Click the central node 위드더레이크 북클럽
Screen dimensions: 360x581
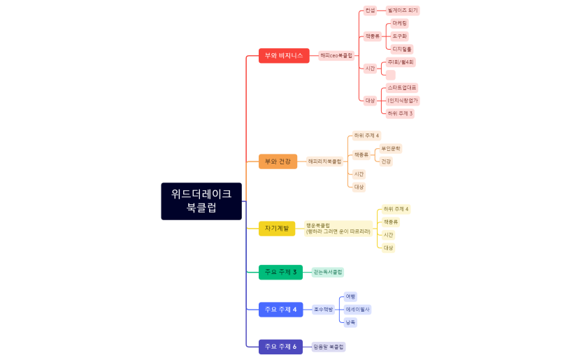click(x=201, y=201)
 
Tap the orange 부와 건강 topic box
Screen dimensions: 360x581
click(x=278, y=161)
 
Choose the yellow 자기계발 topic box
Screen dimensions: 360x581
click(x=277, y=229)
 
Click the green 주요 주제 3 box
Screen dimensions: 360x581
click(x=280, y=272)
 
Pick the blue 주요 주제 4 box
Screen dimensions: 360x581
click(x=280, y=309)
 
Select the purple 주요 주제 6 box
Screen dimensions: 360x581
click(x=280, y=347)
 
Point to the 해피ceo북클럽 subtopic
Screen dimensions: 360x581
click(x=336, y=55)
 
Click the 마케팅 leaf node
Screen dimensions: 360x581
click(x=400, y=23)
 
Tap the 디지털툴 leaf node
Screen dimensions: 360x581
click(x=402, y=49)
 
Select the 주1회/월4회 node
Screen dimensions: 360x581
click(x=401, y=62)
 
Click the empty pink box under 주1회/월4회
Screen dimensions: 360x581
click(x=391, y=75)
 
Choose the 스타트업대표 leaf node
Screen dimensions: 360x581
click(x=402, y=87)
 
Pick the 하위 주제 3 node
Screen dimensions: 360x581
click(x=400, y=113)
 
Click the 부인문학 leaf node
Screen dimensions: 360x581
click(x=390, y=148)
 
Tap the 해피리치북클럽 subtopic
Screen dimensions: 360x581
click(x=325, y=161)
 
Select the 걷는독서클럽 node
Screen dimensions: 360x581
click(x=328, y=272)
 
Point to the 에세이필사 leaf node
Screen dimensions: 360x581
click(x=358, y=309)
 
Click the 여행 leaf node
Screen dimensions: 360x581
click(x=351, y=296)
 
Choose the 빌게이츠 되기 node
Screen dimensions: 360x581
click(x=403, y=10)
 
